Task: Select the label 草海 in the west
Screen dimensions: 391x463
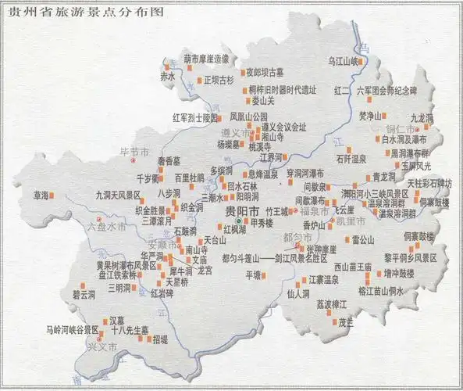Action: [41, 194]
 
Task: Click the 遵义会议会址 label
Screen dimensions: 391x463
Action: [283, 126]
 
